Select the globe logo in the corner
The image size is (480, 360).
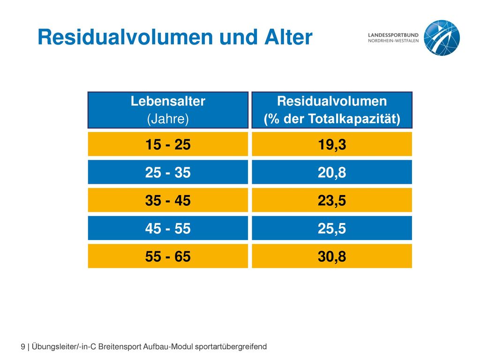(442, 37)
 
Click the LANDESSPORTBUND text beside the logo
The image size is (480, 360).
(393, 35)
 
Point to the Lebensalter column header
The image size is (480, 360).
(168, 101)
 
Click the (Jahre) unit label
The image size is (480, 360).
(168, 119)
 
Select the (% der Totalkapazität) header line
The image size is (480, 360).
(332, 119)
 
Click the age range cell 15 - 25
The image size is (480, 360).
(168, 144)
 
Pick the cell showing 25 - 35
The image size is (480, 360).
(168, 172)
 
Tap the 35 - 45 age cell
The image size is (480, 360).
(168, 200)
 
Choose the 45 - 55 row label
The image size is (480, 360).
(168, 228)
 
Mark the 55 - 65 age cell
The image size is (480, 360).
(168, 256)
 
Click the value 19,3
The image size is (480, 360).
(332, 144)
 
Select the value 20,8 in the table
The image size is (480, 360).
(332, 172)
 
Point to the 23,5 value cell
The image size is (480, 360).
(332, 200)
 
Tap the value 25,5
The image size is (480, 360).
(332, 228)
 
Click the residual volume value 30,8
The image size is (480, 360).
(332, 256)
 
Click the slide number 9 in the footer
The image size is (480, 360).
(23, 346)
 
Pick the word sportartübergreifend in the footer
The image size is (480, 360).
(231, 346)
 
